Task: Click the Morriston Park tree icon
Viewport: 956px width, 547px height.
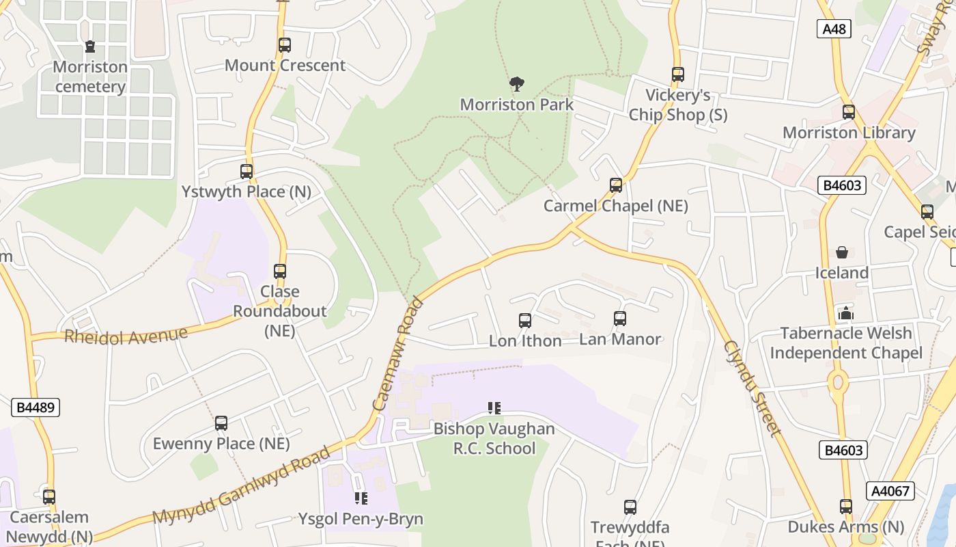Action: (x=517, y=84)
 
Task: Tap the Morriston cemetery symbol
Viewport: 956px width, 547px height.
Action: (x=89, y=46)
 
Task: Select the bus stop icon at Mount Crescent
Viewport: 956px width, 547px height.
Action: (x=285, y=45)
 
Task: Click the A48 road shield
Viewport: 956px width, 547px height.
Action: (x=834, y=29)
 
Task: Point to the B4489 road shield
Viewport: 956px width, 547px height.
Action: (x=36, y=408)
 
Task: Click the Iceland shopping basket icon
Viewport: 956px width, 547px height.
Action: (x=842, y=252)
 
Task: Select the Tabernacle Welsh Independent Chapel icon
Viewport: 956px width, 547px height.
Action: (x=846, y=313)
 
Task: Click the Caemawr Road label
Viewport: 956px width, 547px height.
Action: (x=399, y=353)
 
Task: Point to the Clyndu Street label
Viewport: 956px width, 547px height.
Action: (x=751, y=388)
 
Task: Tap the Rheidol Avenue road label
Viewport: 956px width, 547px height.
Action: (x=126, y=336)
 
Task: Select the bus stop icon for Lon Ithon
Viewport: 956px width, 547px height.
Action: (x=525, y=320)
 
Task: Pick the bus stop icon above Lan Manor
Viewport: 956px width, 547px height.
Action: (x=620, y=319)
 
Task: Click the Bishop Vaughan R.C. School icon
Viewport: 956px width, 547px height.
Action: (x=494, y=408)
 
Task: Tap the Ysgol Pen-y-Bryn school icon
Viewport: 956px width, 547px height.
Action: (x=361, y=498)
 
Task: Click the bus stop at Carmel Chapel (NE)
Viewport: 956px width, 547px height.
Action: (x=616, y=185)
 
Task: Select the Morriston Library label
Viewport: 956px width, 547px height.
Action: (x=849, y=133)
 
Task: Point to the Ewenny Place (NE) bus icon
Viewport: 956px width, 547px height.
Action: (x=221, y=423)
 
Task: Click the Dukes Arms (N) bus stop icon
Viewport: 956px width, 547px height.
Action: (x=846, y=507)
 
